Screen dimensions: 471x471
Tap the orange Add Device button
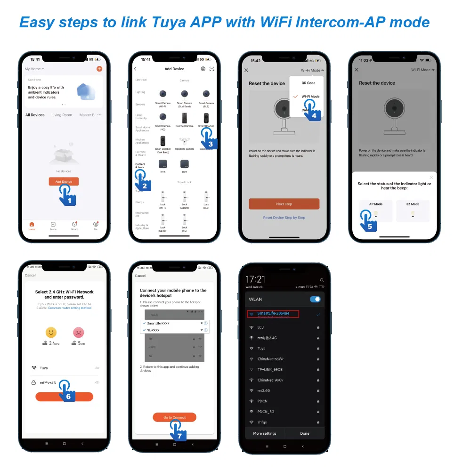pyautogui.click(x=64, y=181)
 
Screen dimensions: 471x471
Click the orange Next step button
pyautogui.click(x=284, y=204)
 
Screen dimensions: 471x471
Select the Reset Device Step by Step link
pyautogui.click(x=284, y=218)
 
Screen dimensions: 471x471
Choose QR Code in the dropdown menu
pyautogui.click(x=308, y=83)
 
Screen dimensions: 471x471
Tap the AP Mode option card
pyautogui.click(x=375, y=211)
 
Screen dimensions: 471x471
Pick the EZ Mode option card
pyautogui.click(x=413, y=211)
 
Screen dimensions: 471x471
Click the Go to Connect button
pyautogui.click(x=174, y=417)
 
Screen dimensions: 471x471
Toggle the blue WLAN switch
pyautogui.click(x=316, y=299)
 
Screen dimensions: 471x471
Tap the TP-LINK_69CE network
pyautogui.click(x=270, y=369)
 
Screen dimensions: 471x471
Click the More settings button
pyautogui.click(x=265, y=433)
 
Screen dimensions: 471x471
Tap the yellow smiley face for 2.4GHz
pyautogui.click(x=51, y=333)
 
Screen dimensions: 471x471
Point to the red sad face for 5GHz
pyautogui.click(x=78, y=333)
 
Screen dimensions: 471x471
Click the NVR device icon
pyautogui.click(x=163, y=164)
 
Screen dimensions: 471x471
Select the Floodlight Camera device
pyautogui.click(x=184, y=141)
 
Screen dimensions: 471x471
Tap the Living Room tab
pyautogui.click(x=62, y=115)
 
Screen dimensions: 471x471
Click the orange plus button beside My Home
pyautogui.click(x=99, y=69)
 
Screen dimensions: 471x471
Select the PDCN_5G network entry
pyautogui.click(x=266, y=411)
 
